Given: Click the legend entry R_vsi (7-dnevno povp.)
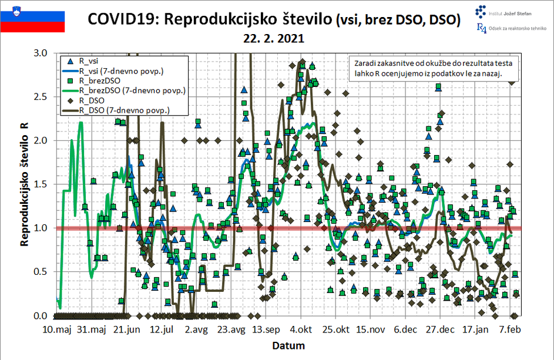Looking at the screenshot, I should pyautogui.click(x=120, y=70).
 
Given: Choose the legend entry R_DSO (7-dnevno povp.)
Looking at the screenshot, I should pyautogui.click(x=124, y=110).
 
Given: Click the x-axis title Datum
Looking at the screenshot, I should pyautogui.click(x=288, y=346).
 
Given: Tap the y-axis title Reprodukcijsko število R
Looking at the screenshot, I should pyautogui.click(x=24, y=184).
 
